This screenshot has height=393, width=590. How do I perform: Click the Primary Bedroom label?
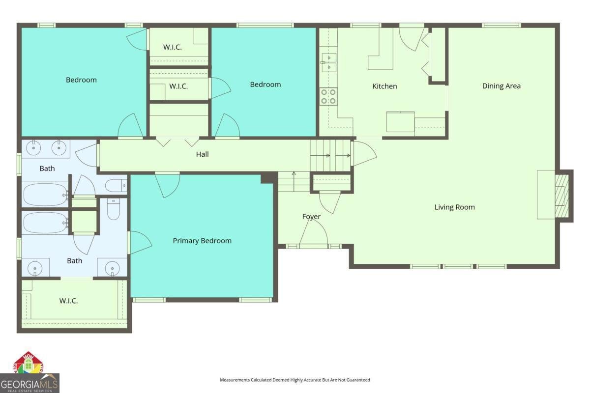coord(202,241)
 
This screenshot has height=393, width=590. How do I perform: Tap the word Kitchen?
coord(384,86)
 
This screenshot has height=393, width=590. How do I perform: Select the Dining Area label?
coord(501,86)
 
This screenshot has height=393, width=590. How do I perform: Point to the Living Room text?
coord(454,207)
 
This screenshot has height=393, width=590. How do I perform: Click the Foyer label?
coord(311,217)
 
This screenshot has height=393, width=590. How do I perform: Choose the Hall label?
coord(202,154)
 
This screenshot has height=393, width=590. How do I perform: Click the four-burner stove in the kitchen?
coord(328,96)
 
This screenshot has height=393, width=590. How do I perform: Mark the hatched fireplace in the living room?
coord(561,195)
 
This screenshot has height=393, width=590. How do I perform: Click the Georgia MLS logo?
coord(29,383)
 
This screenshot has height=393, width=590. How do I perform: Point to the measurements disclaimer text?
coord(295,380)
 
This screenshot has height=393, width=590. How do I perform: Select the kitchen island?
coord(400,122)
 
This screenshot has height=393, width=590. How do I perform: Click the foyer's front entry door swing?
coord(315,233)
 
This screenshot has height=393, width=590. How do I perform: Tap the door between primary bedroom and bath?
coord(139,243)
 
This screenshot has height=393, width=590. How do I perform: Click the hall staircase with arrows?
coord(330,155)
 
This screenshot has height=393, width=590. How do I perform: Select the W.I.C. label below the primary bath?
coord(68,301)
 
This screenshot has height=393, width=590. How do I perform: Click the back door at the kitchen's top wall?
coord(411,37)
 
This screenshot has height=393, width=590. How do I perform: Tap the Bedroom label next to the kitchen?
coord(265,84)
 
